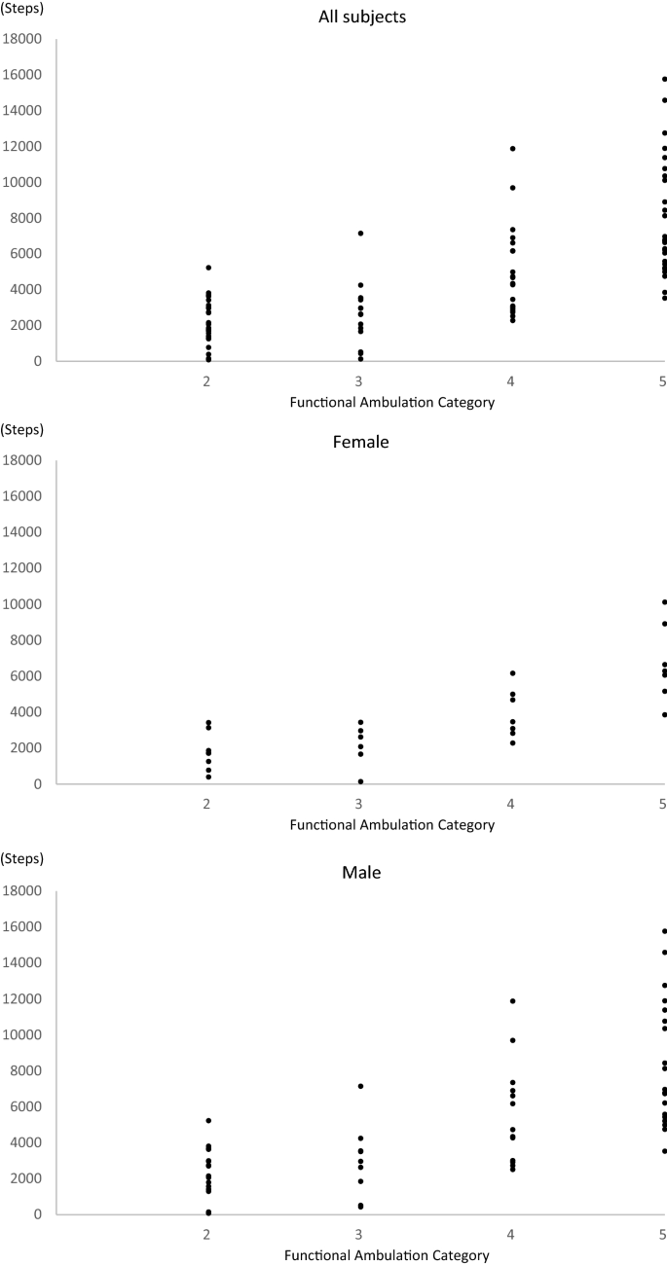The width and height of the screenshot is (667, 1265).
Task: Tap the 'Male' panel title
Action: (x=361, y=872)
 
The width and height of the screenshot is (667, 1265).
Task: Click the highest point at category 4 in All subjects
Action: (x=512, y=149)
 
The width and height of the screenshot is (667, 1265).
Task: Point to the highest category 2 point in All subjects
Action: (x=208, y=268)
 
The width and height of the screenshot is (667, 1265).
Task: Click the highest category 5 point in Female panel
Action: (x=664, y=602)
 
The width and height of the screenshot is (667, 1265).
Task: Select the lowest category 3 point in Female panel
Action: (x=360, y=781)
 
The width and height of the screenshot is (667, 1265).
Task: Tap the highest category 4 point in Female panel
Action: (x=512, y=673)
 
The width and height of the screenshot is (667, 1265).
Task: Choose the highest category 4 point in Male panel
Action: (x=512, y=1001)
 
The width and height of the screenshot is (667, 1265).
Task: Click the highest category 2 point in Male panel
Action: (x=208, y=1121)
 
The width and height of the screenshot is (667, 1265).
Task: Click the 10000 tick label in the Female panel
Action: (x=23, y=604)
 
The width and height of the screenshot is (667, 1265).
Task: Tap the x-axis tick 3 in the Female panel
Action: (x=360, y=804)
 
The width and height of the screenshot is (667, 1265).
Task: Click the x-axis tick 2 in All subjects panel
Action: (x=208, y=380)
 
